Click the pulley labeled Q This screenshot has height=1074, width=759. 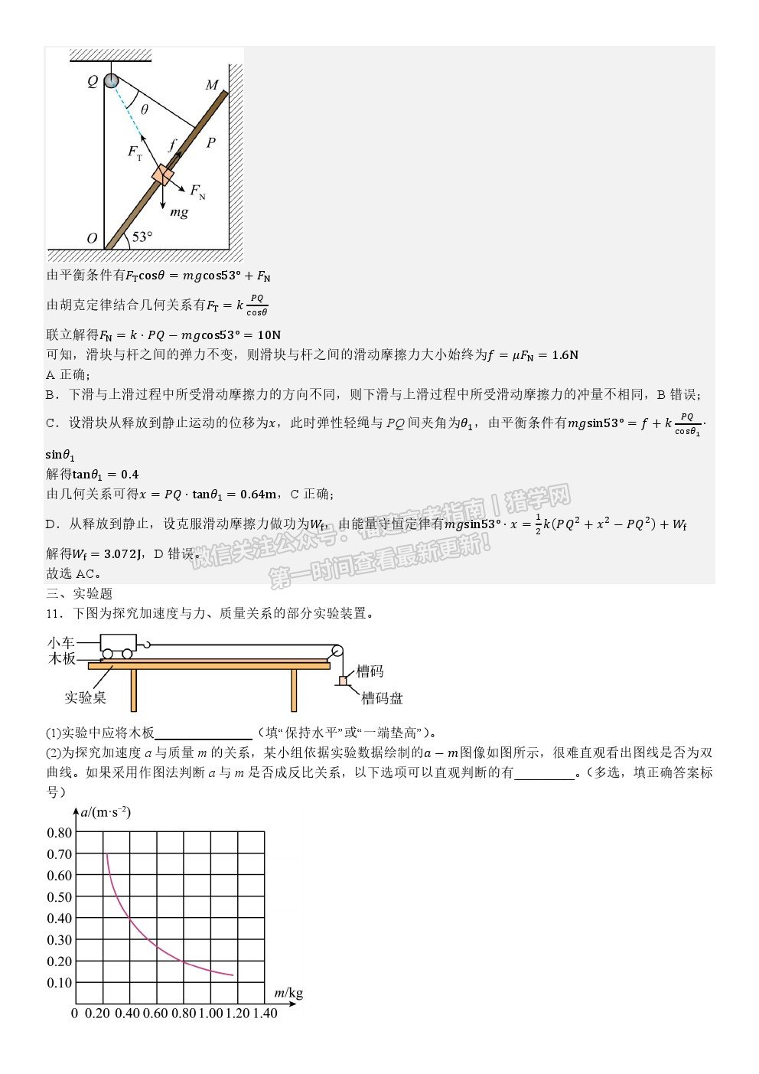(112, 80)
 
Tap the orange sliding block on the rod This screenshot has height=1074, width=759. (163, 175)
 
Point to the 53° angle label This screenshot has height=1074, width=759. (142, 237)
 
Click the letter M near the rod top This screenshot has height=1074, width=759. (211, 85)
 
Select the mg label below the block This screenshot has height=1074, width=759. (178, 213)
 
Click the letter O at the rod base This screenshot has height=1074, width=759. (92, 239)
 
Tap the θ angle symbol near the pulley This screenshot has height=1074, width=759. (144, 109)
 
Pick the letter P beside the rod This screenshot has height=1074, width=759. (210, 142)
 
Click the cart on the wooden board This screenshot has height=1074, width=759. (119, 646)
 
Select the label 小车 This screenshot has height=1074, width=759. (60, 643)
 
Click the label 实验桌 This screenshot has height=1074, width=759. (85, 697)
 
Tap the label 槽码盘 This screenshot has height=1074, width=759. (382, 698)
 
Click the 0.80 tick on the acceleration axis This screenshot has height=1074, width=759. (60, 833)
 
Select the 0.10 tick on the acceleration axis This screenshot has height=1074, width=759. (60, 983)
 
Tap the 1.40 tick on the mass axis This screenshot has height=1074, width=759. (265, 1014)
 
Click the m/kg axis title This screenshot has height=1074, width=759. (288, 994)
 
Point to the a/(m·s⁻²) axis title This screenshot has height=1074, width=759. (106, 812)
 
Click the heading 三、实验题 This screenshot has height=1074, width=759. (80, 594)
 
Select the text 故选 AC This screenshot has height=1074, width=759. (73, 573)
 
